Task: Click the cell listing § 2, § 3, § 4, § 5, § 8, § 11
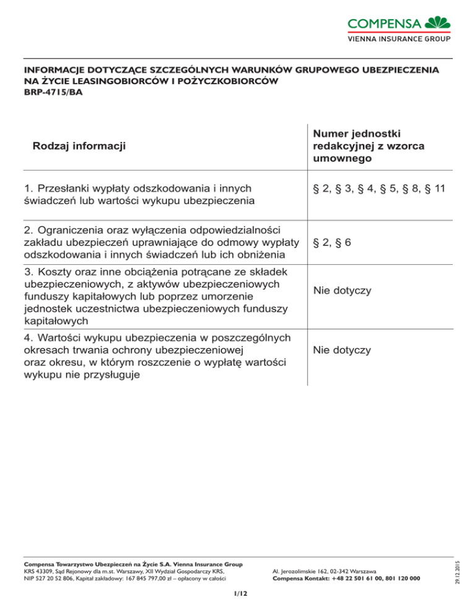(379, 187)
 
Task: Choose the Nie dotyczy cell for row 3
(342, 290)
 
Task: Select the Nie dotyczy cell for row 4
(342, 350)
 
